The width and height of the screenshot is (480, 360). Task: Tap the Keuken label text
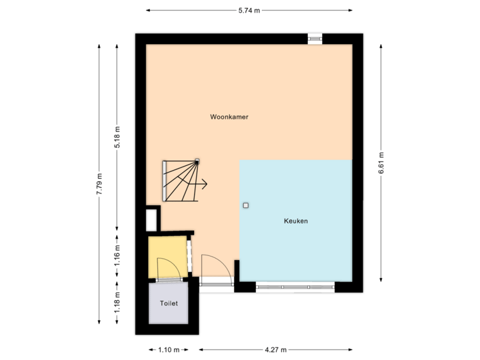click(x=295, y=221)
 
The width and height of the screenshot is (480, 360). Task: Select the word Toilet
click(x=169, y=303)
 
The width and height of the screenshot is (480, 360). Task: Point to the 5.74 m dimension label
click(x=249, y=10)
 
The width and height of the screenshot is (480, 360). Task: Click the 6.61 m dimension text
click(x=381, y=163)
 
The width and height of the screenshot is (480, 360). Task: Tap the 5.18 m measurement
click(x=117, y=138)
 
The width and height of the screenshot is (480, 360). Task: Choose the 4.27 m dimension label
click(x=275, y=349)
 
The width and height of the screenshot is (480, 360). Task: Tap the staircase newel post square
click(x=197, y=160)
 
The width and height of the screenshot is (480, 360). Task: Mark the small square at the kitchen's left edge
click(x=245, y=205)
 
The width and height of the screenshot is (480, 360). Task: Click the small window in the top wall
click(x=315, y=39)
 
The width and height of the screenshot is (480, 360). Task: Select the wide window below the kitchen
click(x=295, y=287)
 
